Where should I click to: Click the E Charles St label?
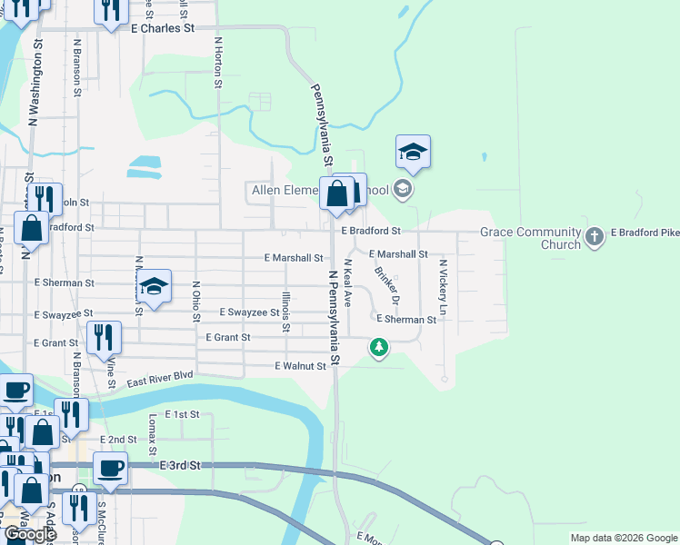(x=164, y=28)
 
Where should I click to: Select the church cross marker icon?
(x=594, y=237)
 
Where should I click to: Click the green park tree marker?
(x=379, y=346)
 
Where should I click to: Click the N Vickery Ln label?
(x=443, y=288)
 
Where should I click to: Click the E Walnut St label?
(x=300, y=366)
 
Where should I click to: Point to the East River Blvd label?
(x=160, y=379)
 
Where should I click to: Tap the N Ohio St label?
(x=195, y=302)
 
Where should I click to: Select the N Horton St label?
(x=218, y=63)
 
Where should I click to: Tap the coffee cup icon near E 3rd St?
(x=110, y=468)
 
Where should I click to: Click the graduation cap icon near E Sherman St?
(x=155, y=287)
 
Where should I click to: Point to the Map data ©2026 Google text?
(x=623, y=538)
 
